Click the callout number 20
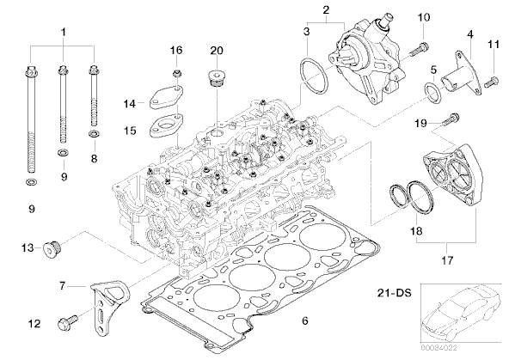pos(217,51)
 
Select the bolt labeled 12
pos(68,322)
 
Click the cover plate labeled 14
pos(167,97)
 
